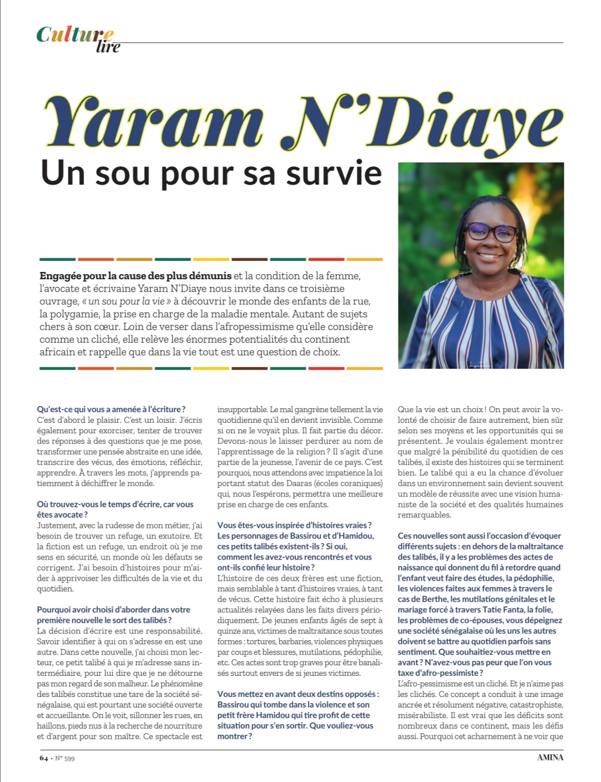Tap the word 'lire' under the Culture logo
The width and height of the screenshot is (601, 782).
pyautogui.click(x=108, y=47)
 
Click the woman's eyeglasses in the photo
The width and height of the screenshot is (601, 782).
pyautogui.click(x=491, y=231)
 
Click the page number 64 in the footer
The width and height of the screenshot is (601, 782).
pyautogui.click(x=43, y=758)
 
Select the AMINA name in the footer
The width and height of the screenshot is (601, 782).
pyautogui.click(x=550, y=758)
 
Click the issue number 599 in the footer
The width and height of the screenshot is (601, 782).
pyautogui.click(x=68, y=758)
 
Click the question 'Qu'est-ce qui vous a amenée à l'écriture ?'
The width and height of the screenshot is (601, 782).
pyautogui.click(x=111, y=409)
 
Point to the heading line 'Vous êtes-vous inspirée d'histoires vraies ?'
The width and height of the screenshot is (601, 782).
pyautogui.click(x=294, y=525)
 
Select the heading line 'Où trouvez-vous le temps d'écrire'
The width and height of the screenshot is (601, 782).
pyautogui.click(x=115, y=504)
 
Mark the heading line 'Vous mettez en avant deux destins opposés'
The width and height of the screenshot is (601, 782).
pyautogui.click(x=298, y=694)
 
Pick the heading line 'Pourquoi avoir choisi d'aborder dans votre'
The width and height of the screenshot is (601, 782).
pyautogui.click(x=114, y=610)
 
